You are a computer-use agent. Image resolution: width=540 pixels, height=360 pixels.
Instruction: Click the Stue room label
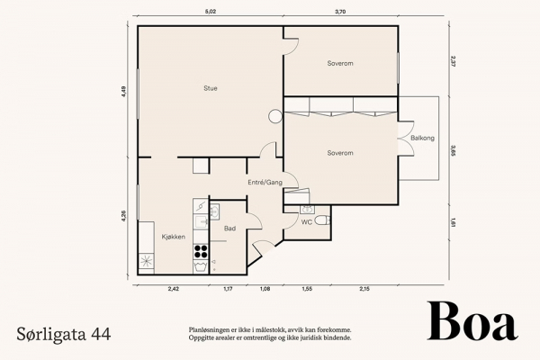click(x=211, y=88)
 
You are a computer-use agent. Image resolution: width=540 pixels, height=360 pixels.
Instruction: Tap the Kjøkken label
click(x=174, y=237)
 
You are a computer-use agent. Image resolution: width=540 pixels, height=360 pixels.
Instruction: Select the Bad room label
click(x=229, y=229)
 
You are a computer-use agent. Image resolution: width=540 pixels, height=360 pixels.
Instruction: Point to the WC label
click(x=307, y=222)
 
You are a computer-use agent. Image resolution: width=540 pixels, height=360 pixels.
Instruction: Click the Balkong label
click(x=423, y=138)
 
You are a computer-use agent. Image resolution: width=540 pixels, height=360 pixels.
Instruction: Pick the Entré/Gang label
click(x=265, y=183)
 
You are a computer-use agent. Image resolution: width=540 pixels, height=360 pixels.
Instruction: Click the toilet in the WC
click(x=322, y=220)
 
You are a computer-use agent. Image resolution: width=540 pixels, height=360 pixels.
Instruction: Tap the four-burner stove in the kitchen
click(x=201, y=251)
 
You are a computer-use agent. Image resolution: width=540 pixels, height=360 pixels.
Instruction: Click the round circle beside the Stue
click(x=275, y=116)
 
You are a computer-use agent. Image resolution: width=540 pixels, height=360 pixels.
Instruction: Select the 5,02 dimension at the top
click(x=211, y=12)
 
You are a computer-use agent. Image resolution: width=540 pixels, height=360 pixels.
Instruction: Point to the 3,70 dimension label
click(x=340, y=12)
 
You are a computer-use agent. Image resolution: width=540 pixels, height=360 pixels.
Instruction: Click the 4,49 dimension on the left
click(x=124, y=92)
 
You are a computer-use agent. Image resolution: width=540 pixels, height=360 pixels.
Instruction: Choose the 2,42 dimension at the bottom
click(x=174, y=289)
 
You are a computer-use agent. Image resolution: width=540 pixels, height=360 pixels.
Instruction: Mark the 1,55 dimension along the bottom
click(x=307, y=289)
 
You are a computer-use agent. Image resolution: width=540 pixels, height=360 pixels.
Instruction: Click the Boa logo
click(x=472, y=321)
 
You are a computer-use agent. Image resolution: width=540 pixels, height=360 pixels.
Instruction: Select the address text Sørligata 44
click(x=64, y=334)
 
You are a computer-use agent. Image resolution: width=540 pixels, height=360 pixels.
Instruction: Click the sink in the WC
click(x=307, y=210)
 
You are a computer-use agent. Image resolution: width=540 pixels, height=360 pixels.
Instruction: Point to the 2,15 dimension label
click(x=364, y=289)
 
